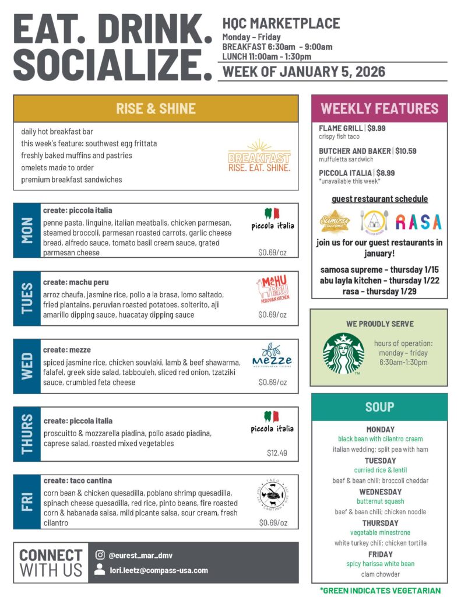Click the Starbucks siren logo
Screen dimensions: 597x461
[343, 353]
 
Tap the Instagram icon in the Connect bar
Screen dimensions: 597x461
[100, 555]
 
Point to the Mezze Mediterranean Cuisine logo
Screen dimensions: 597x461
[272, 356]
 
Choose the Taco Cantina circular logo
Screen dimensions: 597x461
[272, 495]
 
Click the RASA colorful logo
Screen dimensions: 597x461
[418, 222]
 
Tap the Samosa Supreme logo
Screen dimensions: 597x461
[335, 222]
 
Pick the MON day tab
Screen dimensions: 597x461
[27, 230]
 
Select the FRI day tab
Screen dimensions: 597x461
[27, 502]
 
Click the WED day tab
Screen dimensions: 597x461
[27, 366]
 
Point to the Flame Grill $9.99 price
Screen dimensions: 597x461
[376, 128]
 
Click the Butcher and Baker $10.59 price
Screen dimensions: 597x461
[406, 151]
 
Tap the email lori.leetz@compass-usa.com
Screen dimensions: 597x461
[159, 570]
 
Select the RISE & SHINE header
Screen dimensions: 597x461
[156, 108]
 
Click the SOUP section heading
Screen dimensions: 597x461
[379, 407]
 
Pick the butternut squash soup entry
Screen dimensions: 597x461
[380, 501]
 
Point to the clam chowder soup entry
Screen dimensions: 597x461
[380, 574]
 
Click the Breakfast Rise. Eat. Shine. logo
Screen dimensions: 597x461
[259, 156]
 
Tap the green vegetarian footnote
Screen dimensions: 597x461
[380, 590]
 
